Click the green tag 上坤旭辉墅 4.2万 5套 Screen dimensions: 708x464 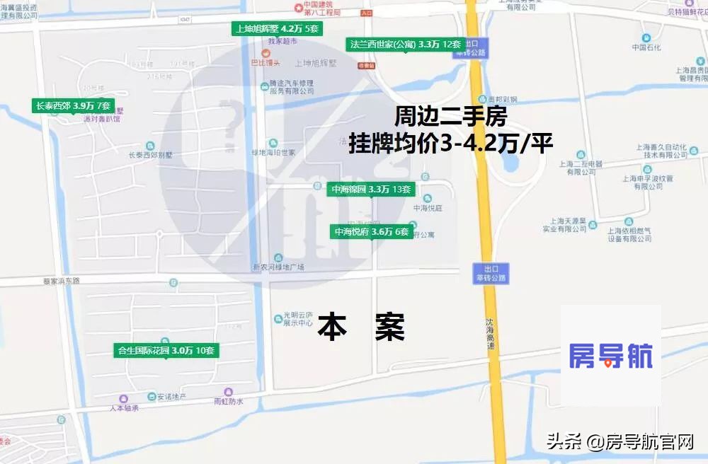278,29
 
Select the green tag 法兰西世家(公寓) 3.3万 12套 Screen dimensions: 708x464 406,44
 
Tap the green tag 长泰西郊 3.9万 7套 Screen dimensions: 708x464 73,106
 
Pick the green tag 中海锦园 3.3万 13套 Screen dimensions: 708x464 371,190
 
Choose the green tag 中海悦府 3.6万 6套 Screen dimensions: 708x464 372,231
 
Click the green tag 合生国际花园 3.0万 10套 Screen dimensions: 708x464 166,350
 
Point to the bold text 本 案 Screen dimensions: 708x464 361,327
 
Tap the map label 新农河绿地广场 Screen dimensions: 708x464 278,267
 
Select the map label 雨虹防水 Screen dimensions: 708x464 228,401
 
